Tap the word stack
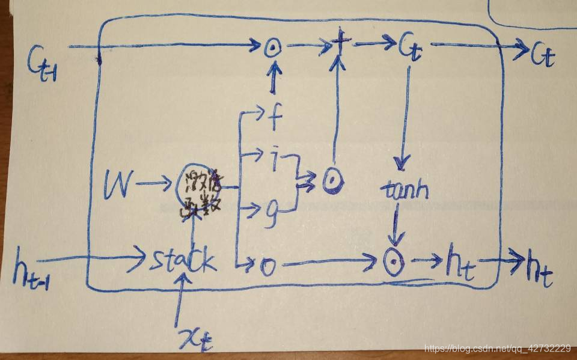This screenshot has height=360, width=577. click(x=181, y=261)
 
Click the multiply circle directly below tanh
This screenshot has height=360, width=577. click(x=394, y=262)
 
